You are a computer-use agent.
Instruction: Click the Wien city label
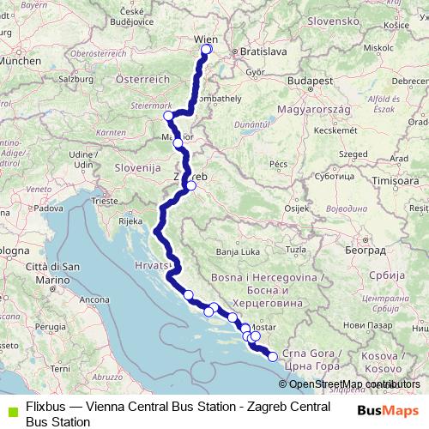click(204, 39)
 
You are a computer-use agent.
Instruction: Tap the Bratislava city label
click(263, 51)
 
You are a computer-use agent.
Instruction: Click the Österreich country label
click(140, 78)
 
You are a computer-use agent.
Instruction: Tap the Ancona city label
click(95, 299)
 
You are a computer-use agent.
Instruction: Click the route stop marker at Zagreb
click(191, 185)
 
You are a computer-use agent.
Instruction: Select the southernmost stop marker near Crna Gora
click(273, 357)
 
